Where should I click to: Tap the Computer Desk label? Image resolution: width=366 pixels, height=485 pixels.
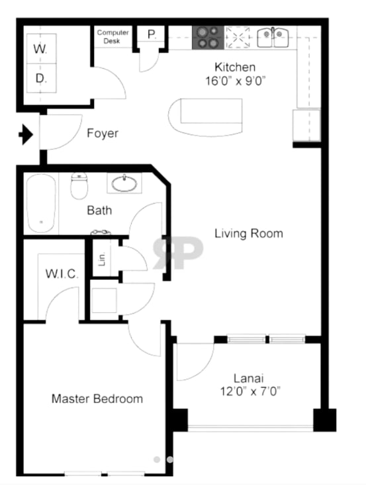(113, 36)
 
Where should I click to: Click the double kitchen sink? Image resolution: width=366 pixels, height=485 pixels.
(273, 36)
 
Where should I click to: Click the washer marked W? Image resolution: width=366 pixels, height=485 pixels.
(41, 50)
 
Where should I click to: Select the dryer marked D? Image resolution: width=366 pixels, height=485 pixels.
(41, 79)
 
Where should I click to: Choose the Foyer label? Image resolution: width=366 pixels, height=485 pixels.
(103, 134)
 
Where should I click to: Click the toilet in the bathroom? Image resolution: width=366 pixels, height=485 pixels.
(79, 187)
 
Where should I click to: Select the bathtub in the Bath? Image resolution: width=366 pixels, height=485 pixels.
(42, 202)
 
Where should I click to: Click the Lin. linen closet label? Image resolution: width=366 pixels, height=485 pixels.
(103, 257)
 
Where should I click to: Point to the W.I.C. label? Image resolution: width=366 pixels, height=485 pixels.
(61, 273)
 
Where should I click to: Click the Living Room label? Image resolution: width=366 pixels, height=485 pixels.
(248, 234)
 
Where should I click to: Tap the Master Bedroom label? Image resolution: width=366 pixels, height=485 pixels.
(97, 399)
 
